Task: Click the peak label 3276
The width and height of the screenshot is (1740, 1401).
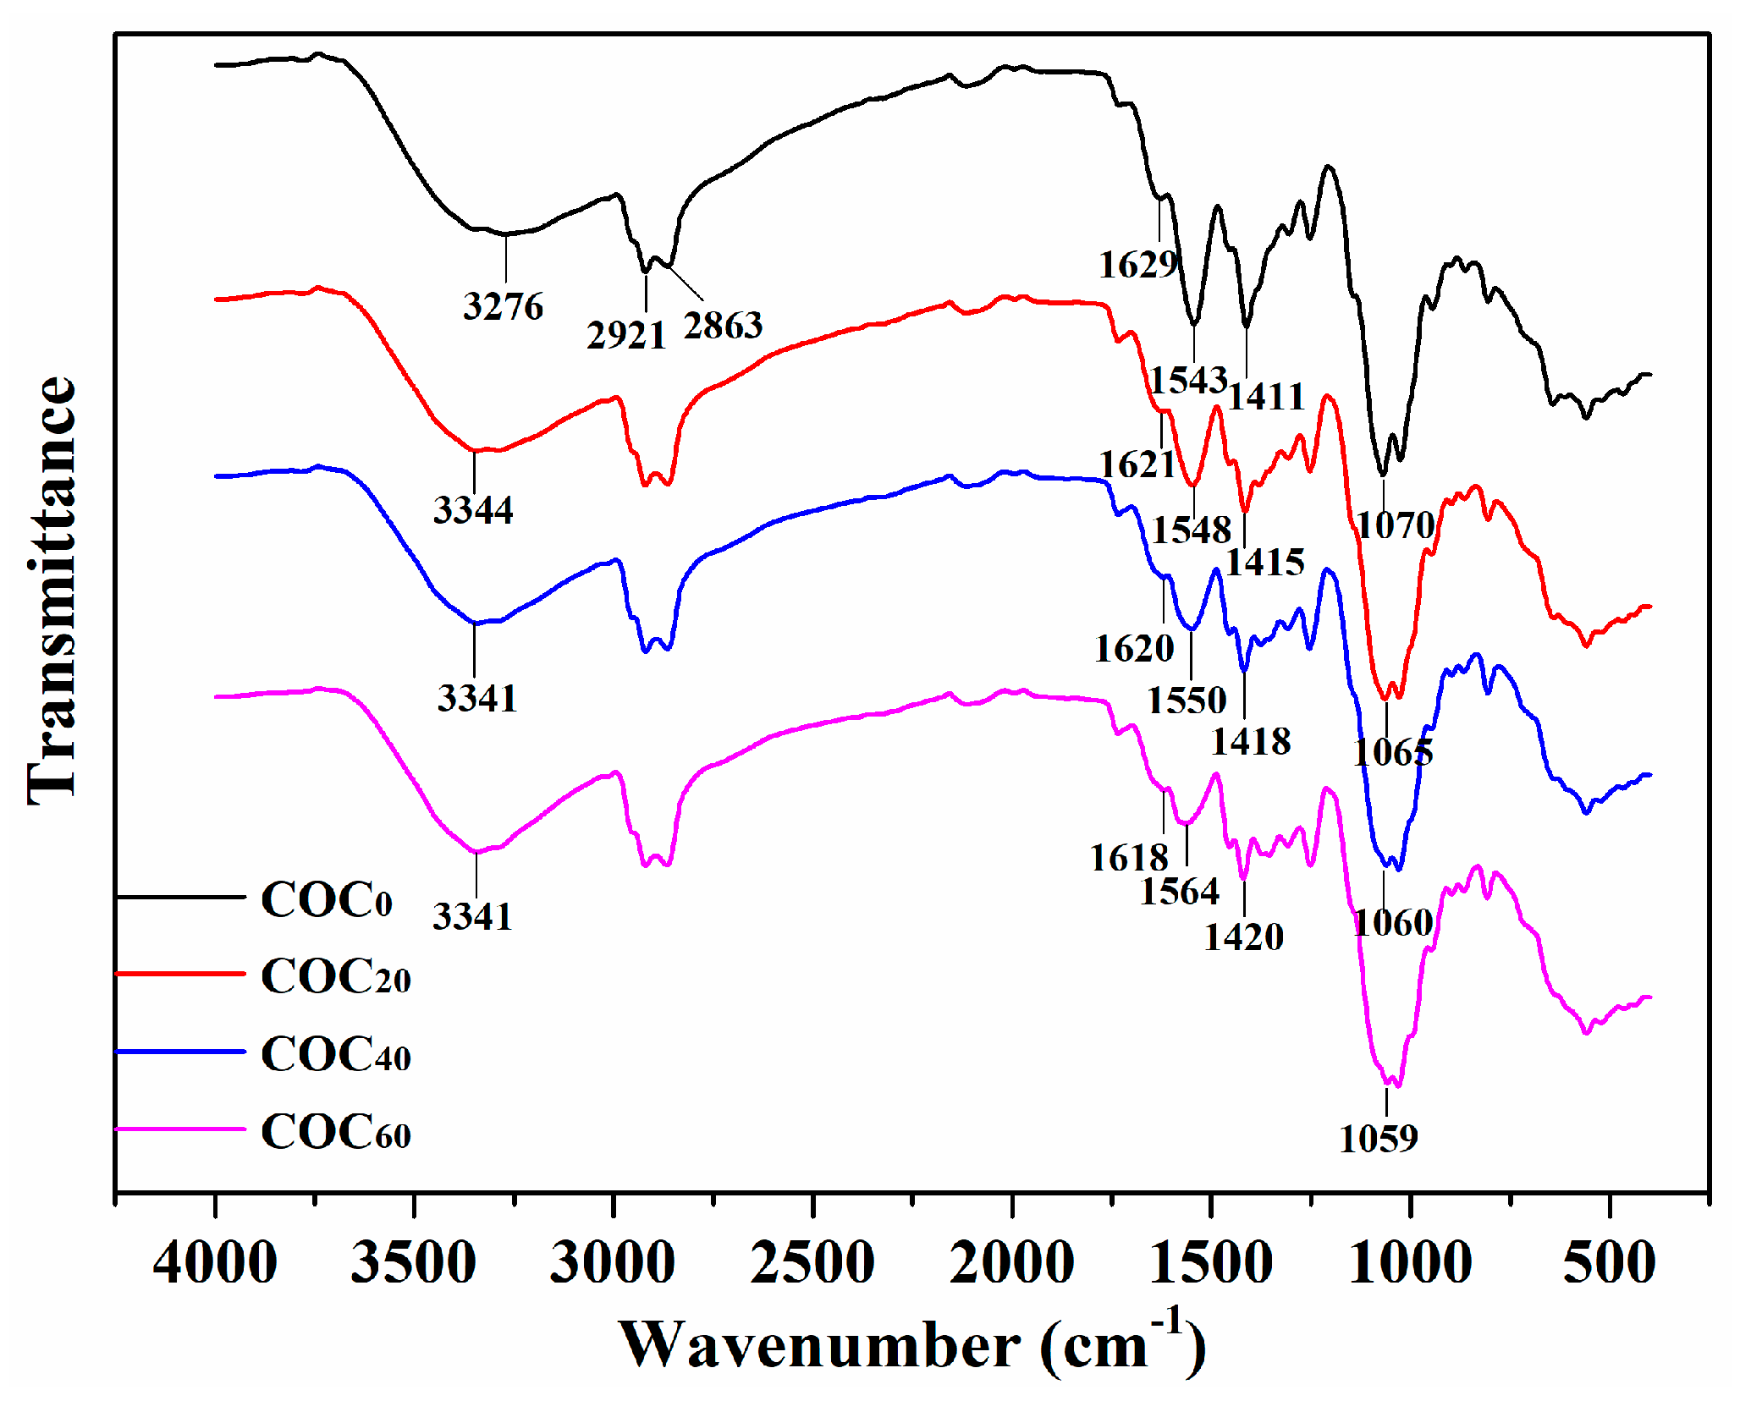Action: (503, 306)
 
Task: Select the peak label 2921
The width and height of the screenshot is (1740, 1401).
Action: (626, 336)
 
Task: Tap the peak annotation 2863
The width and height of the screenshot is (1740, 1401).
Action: (723, 326)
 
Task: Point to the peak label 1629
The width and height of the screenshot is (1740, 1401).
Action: (1138, 265)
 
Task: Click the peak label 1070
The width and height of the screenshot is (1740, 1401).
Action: (1396, 525)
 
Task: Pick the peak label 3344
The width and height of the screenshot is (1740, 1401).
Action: (473, 510)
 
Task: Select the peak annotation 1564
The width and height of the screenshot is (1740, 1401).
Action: (1180, 892)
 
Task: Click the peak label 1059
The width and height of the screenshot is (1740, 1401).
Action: (1378, 1139)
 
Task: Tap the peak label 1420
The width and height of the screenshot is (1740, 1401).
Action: (1243, 937)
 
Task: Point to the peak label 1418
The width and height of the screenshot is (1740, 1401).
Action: (1251, 742)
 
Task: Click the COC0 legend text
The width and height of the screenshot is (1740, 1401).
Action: (327, 899)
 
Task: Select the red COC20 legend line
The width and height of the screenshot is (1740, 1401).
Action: (180, 974)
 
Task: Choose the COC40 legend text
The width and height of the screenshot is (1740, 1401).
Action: (336, 1054)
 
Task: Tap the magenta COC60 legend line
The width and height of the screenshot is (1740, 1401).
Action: (180, 1129)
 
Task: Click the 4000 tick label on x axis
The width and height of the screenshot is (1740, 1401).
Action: (215, 1263)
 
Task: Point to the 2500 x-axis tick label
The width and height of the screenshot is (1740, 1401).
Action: (812, 1263)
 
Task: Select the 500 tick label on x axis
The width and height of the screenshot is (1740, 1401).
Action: (1609, 1263)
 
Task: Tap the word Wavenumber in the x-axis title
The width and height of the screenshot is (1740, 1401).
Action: (819, 1344)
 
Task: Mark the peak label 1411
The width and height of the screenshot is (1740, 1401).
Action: (1266, 396)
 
